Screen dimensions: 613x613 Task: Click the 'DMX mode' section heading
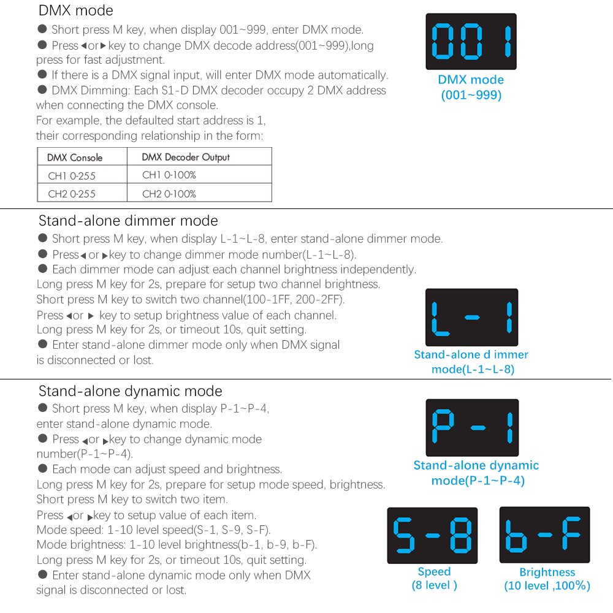[75, 10]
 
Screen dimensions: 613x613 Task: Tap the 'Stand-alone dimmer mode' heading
[128, 221]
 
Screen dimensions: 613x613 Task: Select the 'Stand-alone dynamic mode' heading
[130, 391]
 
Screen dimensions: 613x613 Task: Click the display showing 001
[471, 42]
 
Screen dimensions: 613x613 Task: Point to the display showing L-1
[471, 318]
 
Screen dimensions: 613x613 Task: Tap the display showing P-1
[472, 428]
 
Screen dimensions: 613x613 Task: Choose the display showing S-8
[432, 535]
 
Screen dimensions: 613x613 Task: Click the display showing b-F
[544, 535]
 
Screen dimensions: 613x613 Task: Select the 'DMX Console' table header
[75, 158]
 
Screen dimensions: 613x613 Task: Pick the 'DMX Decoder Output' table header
[186, 157]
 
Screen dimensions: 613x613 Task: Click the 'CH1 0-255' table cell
[72, 176]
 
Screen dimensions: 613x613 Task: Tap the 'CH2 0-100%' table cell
[169, 194]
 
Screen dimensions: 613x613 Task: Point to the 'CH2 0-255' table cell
[72, 194]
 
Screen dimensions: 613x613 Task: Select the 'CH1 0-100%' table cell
[169, 175]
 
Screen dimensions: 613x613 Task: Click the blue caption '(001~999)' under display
[471, 96]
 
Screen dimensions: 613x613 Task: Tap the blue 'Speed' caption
[434, 572]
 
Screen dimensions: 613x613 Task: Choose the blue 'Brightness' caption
[547, 573]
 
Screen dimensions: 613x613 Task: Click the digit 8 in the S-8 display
[459, 535]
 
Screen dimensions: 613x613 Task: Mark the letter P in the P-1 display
[443, 428]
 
